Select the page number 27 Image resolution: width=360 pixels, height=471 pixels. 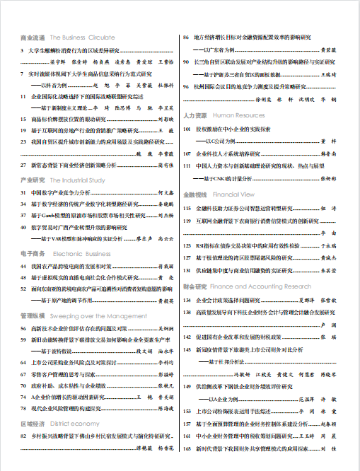24,164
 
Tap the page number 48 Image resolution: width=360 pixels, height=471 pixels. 24,277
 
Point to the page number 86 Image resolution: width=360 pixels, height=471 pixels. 186,37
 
